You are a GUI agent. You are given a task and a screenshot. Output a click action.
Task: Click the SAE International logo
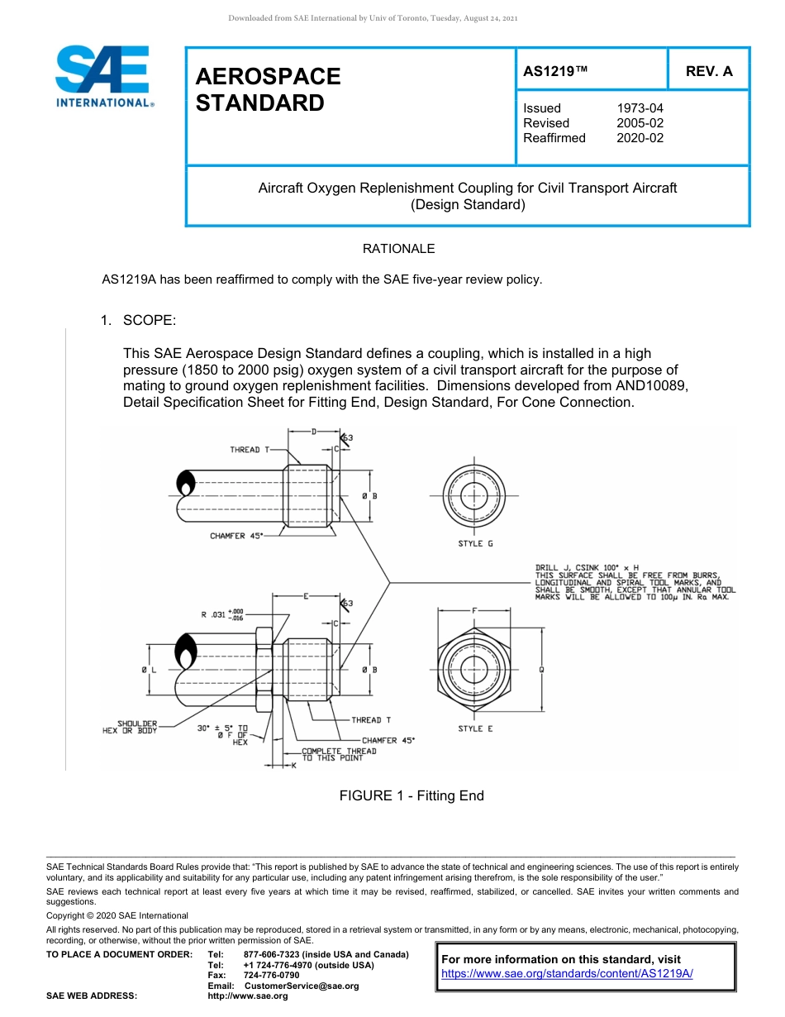click(102, 76)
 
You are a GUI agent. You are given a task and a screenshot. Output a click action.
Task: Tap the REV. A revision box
click(709, 71)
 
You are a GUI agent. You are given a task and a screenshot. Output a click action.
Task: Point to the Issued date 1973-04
click(640, 108)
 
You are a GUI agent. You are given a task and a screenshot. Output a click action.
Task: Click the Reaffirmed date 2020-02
click(640, 138)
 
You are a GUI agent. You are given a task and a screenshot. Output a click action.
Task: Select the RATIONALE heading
click(398, 249)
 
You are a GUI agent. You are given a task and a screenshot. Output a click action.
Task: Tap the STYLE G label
click(475, 544)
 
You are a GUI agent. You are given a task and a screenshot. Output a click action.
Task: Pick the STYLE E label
click(475, 728)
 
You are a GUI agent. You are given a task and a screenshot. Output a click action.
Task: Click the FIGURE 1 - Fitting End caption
click(411, 795)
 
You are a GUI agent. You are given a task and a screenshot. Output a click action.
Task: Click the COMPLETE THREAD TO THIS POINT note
click(338, 754)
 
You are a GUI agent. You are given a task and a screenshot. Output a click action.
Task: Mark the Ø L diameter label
click(149, 669)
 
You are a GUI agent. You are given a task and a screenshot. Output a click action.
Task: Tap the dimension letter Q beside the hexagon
click(541, 670)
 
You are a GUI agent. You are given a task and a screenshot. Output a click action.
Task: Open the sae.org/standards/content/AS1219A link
click(567, 974)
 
